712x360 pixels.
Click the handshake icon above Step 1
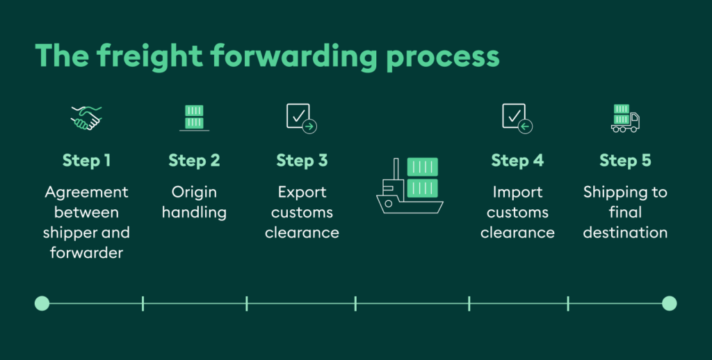coord(86,118)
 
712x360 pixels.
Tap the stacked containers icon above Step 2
coord(195,118)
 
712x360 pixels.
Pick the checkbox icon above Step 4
coord(517,118)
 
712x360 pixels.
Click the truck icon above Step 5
coord(625,118)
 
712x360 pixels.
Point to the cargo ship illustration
coord(410,186)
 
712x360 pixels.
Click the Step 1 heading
coord(86,161)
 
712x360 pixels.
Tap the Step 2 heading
coord(195,161)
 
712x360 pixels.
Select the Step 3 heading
coord(302,161)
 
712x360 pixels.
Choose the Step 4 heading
coord(517,161)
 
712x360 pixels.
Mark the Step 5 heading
coord(625,161)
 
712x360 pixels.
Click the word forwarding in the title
coord(293,57)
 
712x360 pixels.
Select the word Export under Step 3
coord(302,193)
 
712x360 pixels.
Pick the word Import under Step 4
coord(517,193)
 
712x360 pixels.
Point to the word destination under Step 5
coord(625,232)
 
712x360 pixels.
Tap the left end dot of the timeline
coord(42,303)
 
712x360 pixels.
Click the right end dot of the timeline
coord(670,303)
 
